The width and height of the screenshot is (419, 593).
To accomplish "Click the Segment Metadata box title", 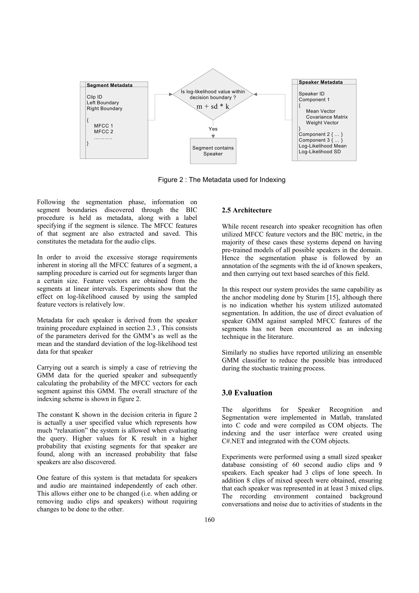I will [109, 85].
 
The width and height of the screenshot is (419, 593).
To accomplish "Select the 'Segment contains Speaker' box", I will [213, 151].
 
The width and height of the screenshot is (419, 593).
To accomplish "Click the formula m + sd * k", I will [213, 106].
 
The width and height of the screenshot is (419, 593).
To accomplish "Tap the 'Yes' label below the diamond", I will [213, 129].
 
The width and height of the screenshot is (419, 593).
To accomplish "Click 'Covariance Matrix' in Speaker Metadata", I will [327, 117].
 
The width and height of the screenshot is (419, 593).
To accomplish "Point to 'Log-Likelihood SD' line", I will [320, 152].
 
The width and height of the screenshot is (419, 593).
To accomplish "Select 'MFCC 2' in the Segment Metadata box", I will [104, 131].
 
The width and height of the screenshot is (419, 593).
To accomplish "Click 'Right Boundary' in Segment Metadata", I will [104, 108].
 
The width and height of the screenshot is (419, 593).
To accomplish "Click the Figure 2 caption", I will [222, 180].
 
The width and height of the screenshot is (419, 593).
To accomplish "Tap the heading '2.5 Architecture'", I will [247, 210].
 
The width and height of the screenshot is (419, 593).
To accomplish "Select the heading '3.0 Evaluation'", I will [247, 393].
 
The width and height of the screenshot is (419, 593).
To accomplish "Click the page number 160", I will [209, 520].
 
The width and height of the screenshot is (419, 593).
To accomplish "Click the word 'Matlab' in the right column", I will [335, 418].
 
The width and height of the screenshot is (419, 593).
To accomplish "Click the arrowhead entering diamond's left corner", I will [171, 94].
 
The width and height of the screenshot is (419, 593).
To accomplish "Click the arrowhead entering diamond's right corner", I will [255, 94].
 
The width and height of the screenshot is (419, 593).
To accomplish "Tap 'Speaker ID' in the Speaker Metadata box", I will [311, 94].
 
